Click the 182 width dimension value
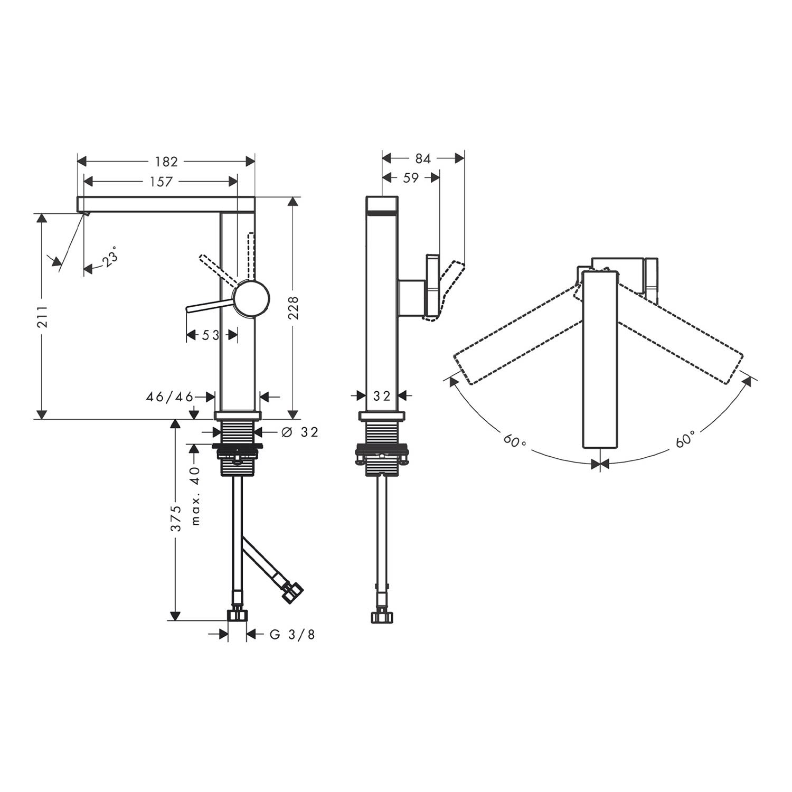[x=166, y=162]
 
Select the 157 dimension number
[x=161, y=182]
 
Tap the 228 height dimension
[x=294, y=307]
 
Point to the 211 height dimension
[x=43, y=316]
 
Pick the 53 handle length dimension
[x=211, y=335]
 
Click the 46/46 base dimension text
[x=170, y=397]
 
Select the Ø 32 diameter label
[x=300, y=432]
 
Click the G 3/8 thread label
[x=293, y=634]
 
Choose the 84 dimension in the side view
[x=423, y=158]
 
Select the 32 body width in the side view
[x=381, y=395]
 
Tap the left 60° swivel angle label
[x=514, y=440]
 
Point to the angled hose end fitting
[x=293, y=592]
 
